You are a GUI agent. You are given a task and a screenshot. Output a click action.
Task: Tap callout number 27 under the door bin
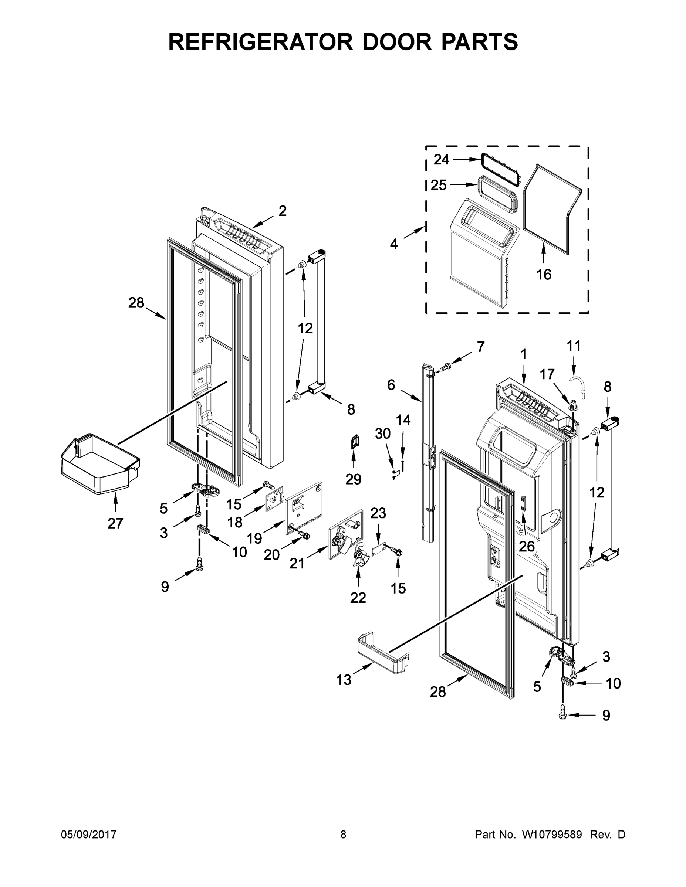coord(115,523)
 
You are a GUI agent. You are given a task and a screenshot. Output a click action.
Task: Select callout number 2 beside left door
coord(283,211)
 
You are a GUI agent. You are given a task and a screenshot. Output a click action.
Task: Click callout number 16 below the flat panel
coord(544,275)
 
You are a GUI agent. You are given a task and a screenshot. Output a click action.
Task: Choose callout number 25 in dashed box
coord(439,185)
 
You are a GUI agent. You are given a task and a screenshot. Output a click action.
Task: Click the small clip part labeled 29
coord(354,442)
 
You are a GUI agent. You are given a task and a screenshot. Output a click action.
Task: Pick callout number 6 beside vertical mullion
coord(391,385)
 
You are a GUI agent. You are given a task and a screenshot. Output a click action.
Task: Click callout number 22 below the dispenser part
coord(358,597)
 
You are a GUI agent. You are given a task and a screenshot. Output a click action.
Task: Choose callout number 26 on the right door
coord(527,546)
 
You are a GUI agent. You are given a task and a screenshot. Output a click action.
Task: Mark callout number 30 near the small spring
coord(382,434)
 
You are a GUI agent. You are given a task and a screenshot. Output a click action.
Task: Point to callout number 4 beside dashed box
coord(394,244)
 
